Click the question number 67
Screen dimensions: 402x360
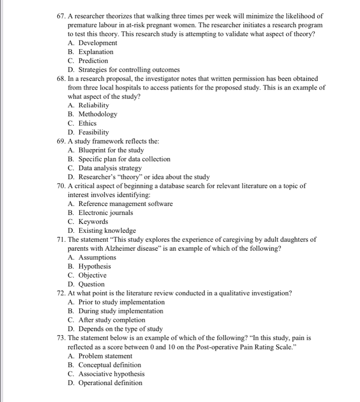pyautogui.click(x=60, y=16)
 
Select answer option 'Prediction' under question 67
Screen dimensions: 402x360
pyautogui.click(x=93, y=61)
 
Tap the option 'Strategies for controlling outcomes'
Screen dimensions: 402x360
pyautogui.click(x=129, y=70)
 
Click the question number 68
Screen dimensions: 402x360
pyautogui.click(x=60, y=79)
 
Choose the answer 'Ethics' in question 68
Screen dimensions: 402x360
pyautogui.click(x=87, y=123)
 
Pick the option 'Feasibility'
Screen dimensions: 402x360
pyautogui.click(x=93, y=132)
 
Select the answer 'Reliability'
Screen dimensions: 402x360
pyautogui.click(x=94, y=105)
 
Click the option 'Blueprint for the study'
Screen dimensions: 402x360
pyautogui.click(x=111, y=150)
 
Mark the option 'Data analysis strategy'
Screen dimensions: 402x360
pyautogui.click(x=110, y=168)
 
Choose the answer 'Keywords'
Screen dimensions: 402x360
pyautogui.click(x=93, y=222)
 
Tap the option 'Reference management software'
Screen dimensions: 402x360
pyautogui.click(x=125, y=204)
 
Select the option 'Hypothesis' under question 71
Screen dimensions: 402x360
pyautogui.click(x=94, y=266)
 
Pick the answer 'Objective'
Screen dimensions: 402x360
pyautogui.click(x=92, y=275)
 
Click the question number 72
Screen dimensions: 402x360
pyautogui.click(x=60, y=293)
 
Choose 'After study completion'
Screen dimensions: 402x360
pyautogui.click(x=112, y=320)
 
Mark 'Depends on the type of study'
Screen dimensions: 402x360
pyautogui.click(x=120, y=329)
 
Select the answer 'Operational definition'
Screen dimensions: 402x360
pyautogui.click(x=110, y=383)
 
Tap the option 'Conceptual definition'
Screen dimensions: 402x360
pyautogui.click(x=110, y=365)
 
